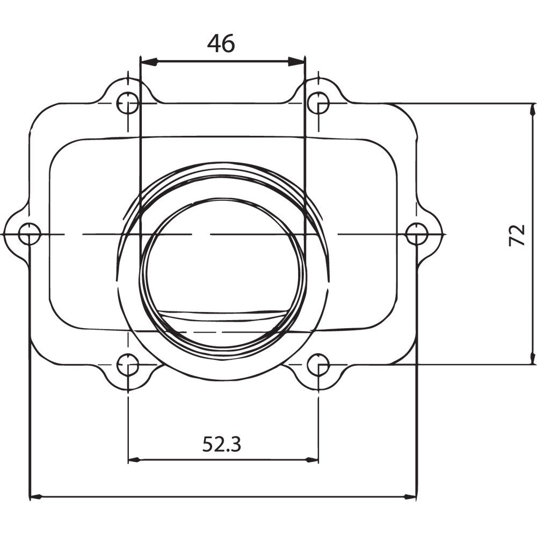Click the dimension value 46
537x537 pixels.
pyautogui.click(x=221, y=44)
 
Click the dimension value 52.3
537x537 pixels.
pyautogui.click(x=221, y=444)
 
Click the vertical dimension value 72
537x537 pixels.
pyautogui.click(x=517, y=235)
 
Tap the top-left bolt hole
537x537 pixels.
pyautogui.click(x=128, y=103)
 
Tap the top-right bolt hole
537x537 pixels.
pyautogui.click(x=318, y=103)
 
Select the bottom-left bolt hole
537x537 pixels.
pyautogui.click(x=128, y=365)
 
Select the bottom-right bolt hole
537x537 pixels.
pyautogui.click(x=318, y=365)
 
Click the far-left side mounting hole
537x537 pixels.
pyautogui.click(x=29, y=235)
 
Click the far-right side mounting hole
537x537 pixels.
pyautogui.click(x=417, y=235)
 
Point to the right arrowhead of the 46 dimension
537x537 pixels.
pyautogui.click(x=296, y=62)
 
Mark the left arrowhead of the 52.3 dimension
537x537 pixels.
pyautogui.click(x=135, y=460)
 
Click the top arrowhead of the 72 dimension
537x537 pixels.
pyautogui.click(x=532, y=110)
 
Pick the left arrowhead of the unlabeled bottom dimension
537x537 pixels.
pyautogui.click(x=35, y=497)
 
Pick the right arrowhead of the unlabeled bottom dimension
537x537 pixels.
pyautogui.click(x=410, y=497)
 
